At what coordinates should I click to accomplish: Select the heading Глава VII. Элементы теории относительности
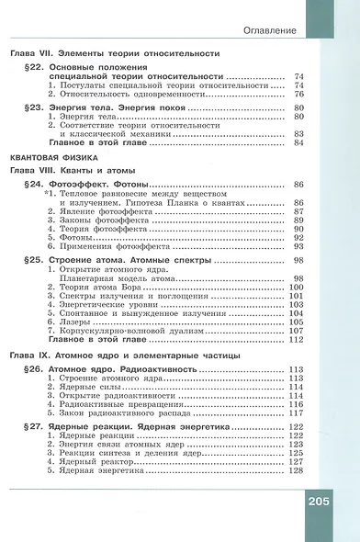coord(123,53)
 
